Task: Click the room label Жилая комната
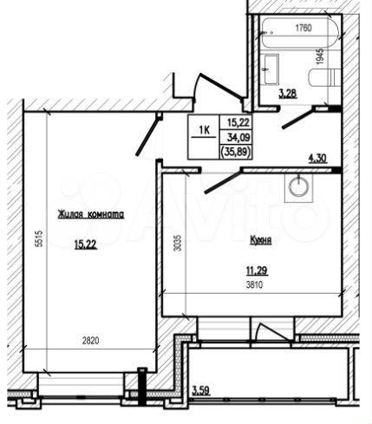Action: coord(91,214)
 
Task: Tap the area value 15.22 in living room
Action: coord(85,245)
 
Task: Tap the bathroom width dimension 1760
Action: coord(303,29)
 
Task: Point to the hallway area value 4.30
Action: coord(330,158)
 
